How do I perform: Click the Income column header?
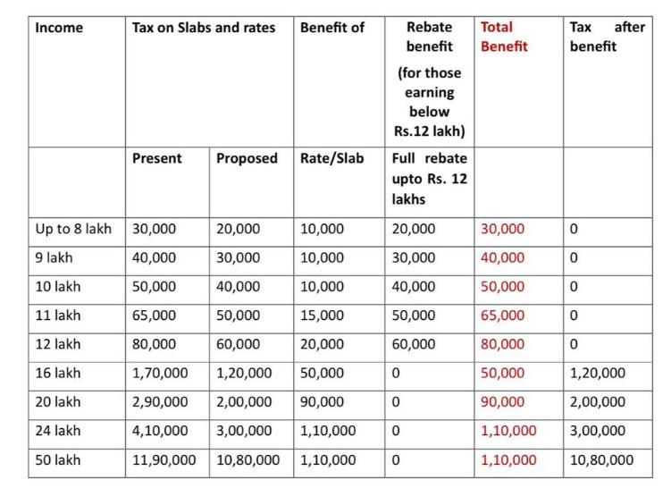click(x=59, y=28)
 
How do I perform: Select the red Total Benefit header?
click(x=505, y=37)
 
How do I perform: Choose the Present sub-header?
click(x=156, y=158)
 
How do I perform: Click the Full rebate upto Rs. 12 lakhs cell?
click(x=430, y=179)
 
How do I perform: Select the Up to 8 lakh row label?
click(x=73, y=229)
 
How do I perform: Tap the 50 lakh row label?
click(x=57, y=460)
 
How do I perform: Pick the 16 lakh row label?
click(x=57, y=374)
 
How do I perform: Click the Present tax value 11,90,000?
click(x=163, y=460)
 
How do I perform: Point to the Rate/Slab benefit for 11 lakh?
click(x=322, y=316)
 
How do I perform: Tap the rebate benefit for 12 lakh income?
click(x=414, y=344)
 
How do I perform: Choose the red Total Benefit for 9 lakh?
click(x=503, y=257)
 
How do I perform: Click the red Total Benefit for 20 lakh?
click(x=503, y=402)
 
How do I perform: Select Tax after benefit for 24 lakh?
click(x=598, y=431)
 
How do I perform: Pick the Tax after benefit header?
click(x=607, y=37)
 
